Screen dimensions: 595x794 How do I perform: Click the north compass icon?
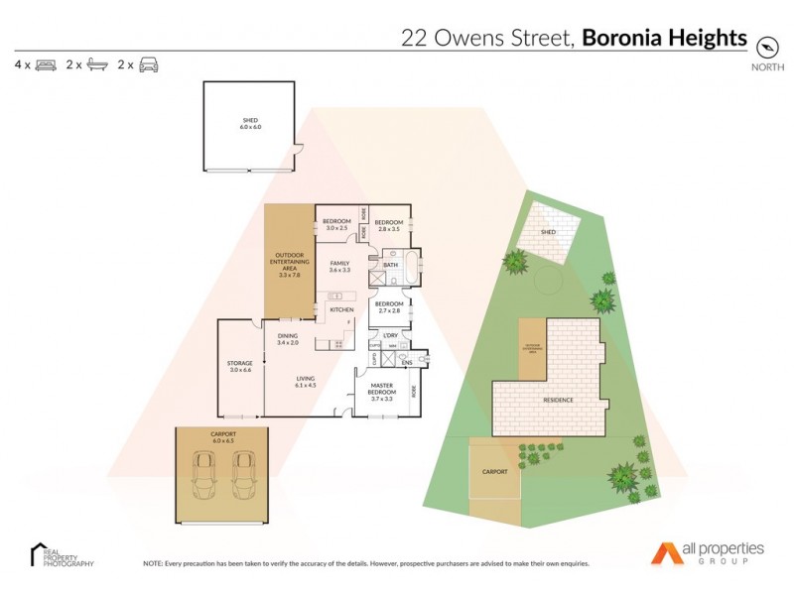[x=765, y=48]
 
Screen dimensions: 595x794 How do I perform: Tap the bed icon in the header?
[x=46, y=65]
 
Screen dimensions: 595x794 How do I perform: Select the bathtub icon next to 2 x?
[x=97, y=65]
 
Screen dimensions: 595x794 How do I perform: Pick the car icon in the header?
[x=149, y=65]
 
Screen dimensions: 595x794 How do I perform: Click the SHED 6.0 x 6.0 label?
[x=249, y=123]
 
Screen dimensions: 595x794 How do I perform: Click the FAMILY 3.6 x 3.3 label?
[x=340, y=265]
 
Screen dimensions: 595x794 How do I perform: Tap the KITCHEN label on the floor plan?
[x=341, y=310]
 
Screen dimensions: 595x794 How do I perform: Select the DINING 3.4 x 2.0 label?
[x=288, y=339]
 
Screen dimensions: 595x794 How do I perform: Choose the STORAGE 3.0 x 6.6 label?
[x=240, y=366]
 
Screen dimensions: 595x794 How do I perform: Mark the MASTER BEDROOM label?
[x=383, y=390]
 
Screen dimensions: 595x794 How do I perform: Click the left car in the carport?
[x=206, y=476]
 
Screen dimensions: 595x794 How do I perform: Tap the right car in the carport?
[x=243, y=476]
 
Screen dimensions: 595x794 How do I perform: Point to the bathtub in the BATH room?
[x=409, y=266]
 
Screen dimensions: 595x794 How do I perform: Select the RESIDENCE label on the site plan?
[x=557, y=401]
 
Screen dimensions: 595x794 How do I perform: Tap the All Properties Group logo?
[x=708, y=552]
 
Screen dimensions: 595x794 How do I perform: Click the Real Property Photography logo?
[x=62, y=555]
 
